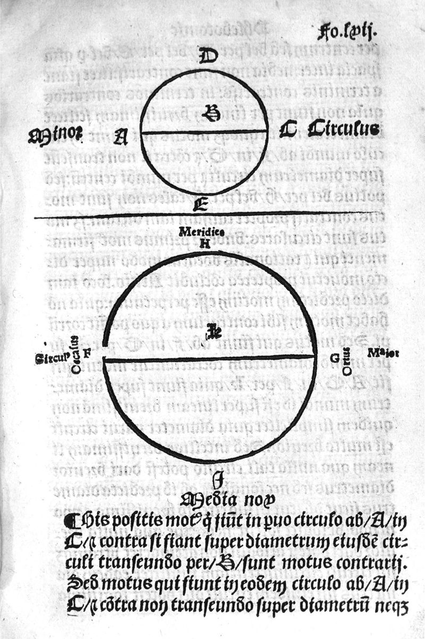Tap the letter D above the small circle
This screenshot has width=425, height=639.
[x=205, y=56]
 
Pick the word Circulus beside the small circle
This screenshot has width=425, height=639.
[x=344, y=129]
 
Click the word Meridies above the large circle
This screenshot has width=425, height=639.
[x=201, y=232]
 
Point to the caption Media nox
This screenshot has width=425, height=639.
[x=227, y=499]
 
